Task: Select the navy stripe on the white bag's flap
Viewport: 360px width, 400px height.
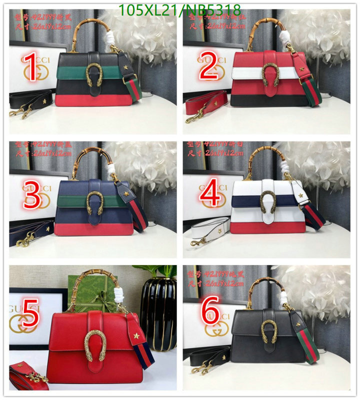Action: [x=245, y=201]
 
